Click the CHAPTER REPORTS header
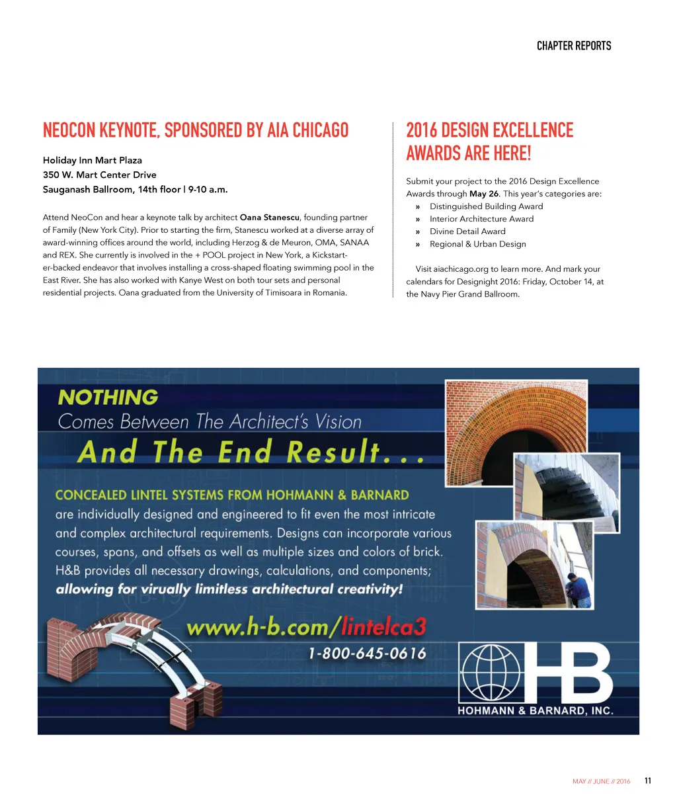tap(573, 46)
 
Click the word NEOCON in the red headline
tap(69, 130)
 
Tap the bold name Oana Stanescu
tap(270, 218)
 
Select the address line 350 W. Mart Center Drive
tap(100, 175)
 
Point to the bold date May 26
tap(484, 194)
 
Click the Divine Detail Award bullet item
tap(467, 232)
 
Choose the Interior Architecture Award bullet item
tap(481, 219)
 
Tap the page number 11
tap(648, 781)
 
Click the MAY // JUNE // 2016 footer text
tap(601, 781)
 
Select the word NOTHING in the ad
tap(108, 398)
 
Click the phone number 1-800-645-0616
tap(367, 654)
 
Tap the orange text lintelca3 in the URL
tap(384, 626)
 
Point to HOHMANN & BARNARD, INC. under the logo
tap(536, 711)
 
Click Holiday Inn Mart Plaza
tap(93, 160)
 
